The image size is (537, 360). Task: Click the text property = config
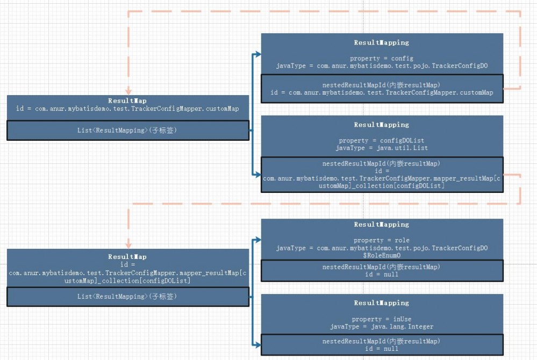point(382,58)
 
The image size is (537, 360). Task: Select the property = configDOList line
point(382,141)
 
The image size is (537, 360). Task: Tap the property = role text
point(382,240)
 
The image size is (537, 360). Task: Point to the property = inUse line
point(382,319)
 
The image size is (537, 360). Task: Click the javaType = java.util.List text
point(382,148)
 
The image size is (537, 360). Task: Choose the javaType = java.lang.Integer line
point(382,327)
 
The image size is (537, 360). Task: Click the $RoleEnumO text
point(382,256)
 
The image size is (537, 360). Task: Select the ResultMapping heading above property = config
point(382,42)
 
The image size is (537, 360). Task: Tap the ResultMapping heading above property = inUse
point(382,303)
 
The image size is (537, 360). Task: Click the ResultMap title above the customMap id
point(127,100)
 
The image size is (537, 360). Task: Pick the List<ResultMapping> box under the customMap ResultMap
point(127,130)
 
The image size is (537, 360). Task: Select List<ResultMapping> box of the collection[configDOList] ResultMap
point(127,297)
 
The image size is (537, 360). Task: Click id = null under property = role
point(382,275)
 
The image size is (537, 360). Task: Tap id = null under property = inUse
point(382,348)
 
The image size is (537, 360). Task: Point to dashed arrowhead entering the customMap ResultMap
point(128,92)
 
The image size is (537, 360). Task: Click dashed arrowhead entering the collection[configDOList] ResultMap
point(128,245)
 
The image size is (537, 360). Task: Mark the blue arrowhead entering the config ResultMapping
point(258,54)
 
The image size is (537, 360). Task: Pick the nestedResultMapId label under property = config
point(382,85)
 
